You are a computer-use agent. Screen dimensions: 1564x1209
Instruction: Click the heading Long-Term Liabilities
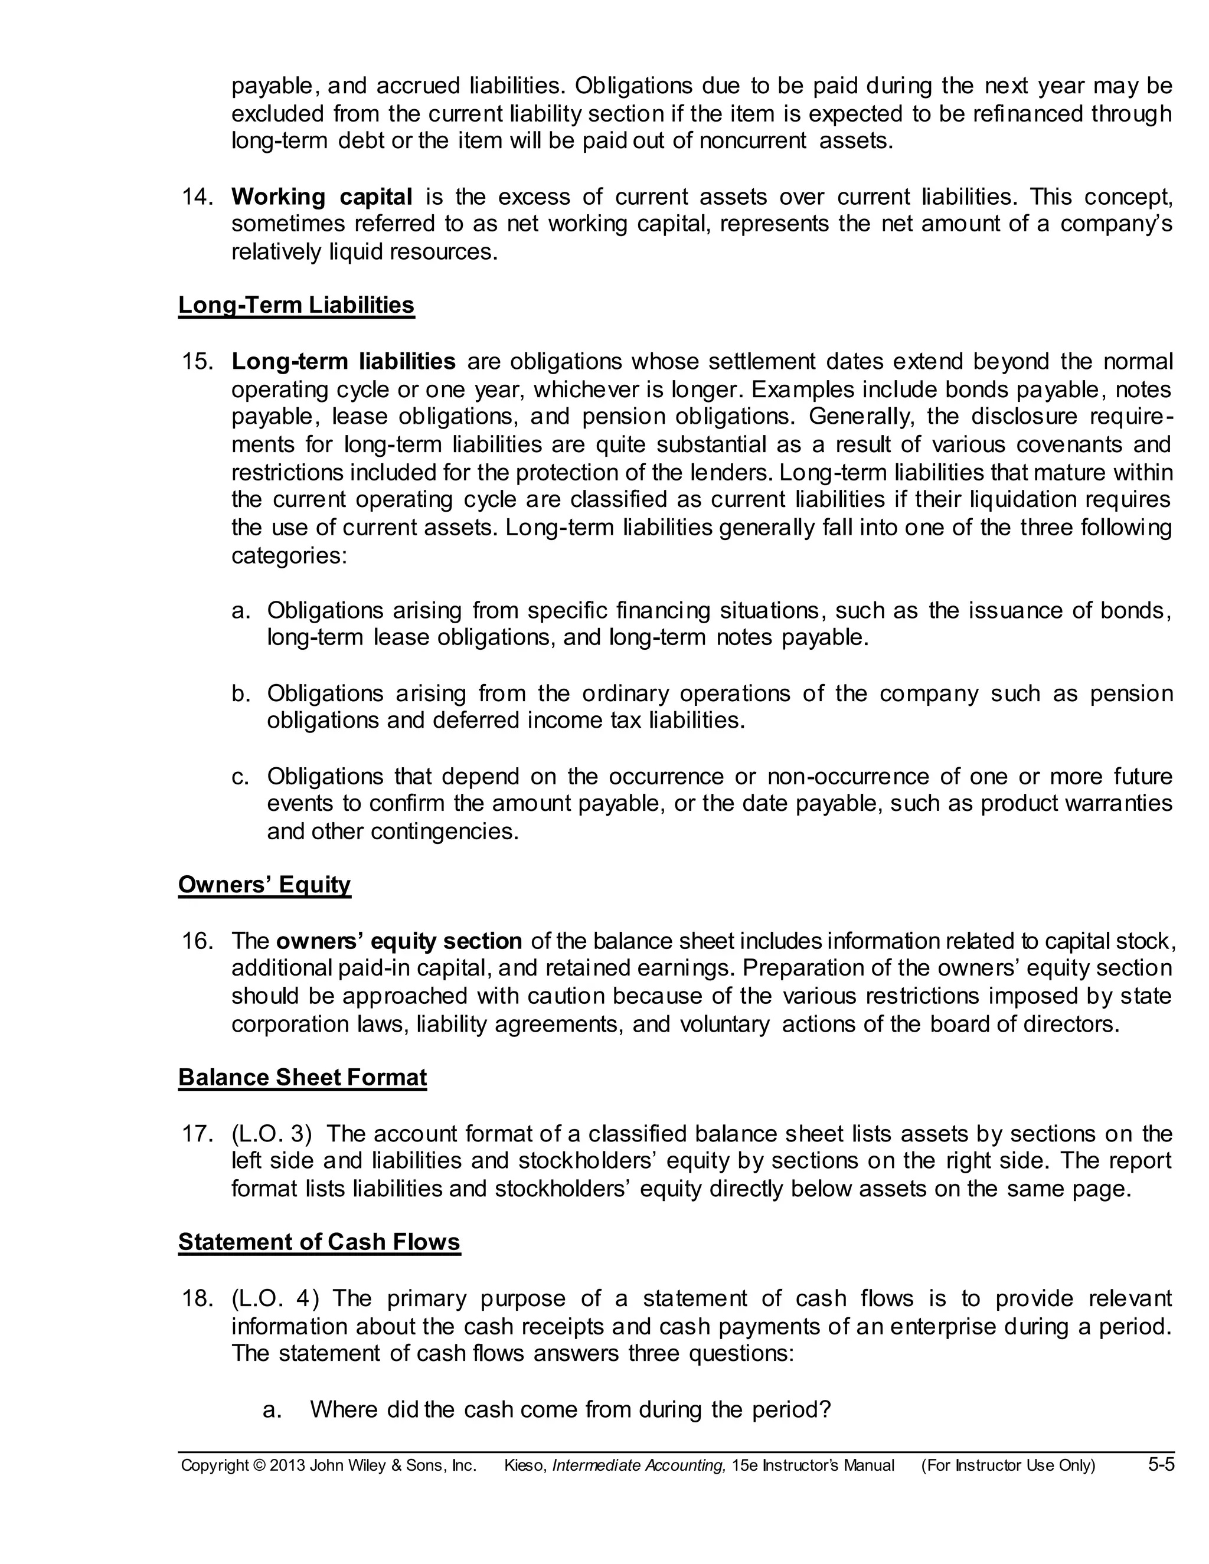pos(296,305)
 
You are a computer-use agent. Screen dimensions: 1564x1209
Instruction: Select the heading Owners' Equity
pos(264,885)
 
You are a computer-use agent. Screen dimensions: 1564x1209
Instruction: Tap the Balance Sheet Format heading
pos(302,1078)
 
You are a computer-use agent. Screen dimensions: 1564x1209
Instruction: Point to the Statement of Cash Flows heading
pos(319,1242)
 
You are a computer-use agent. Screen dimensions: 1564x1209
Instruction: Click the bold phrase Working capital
pos(322,197)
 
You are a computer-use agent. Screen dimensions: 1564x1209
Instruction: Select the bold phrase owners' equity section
pos(399,941)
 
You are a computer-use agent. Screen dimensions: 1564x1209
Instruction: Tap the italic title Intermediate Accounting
pos(639,1466)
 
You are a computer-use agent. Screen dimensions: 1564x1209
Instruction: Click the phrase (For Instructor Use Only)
pos(1008,1466)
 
